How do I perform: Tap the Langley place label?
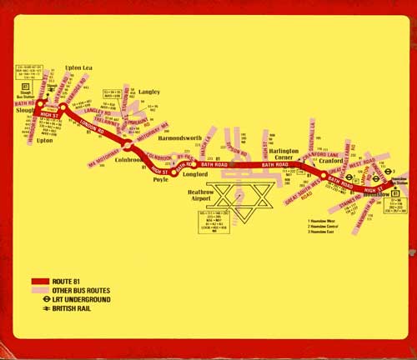click(x=149, y=92)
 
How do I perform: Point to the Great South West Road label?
click(x=305, y=188)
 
